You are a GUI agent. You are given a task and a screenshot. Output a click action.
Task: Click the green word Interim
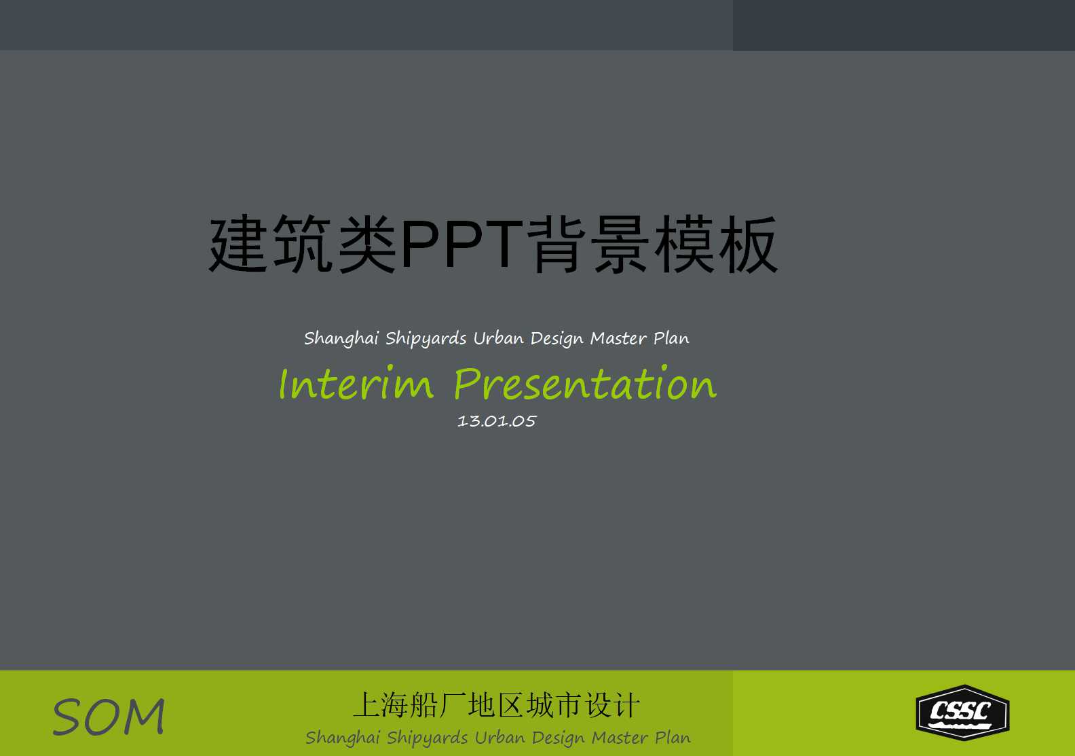[x=356, y=384]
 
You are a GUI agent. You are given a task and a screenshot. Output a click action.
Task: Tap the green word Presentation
[x=584, y=384]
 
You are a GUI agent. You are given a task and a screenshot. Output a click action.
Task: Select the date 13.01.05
[x=497, y=421]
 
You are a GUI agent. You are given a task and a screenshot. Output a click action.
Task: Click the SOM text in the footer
[x=109, y=717]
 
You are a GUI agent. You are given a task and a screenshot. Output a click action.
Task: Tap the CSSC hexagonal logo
[x=962, y=713]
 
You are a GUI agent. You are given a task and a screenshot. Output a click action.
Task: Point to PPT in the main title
[x=462, y=245]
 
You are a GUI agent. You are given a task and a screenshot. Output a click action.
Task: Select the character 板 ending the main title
[x=748, y=245]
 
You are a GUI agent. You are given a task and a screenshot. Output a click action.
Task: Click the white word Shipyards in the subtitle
[x=426, y=338]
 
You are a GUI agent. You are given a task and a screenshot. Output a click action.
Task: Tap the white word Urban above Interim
[x=498, y=338]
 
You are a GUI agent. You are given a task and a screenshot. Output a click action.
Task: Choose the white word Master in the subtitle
[x=618, y=338]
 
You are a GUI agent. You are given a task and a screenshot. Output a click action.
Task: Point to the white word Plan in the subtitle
[x=671, y=338]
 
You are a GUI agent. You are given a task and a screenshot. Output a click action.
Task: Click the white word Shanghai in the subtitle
[x=341, y=338]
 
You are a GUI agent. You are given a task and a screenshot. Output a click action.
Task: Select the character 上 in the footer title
[x=367, y=706]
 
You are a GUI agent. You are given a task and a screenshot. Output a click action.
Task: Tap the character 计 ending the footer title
[x=627, y=706]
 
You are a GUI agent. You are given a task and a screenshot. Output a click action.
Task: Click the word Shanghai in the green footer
[x=343, y=738]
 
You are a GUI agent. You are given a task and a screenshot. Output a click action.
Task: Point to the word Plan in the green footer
[x=673, y=738]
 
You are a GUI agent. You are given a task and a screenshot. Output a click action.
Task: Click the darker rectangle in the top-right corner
[x=903, y=25]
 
